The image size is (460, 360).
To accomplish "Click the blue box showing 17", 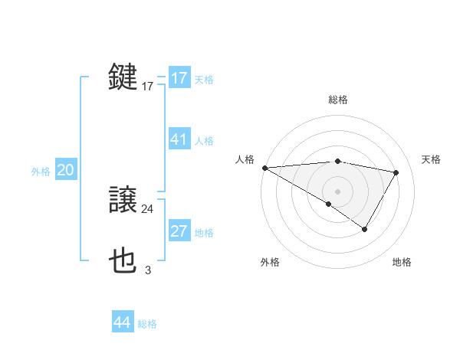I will tap(179, 78).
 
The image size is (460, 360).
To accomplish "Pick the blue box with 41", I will tap(179, 139).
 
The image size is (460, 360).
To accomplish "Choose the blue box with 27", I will tap(179, 232).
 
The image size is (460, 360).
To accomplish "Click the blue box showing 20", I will tap(65, 170).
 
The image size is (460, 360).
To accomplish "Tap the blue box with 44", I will tap(122, 322).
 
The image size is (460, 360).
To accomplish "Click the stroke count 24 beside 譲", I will tap(147, 208).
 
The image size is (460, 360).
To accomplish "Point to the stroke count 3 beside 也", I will tap(147, 270).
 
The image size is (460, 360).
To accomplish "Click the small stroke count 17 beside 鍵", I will tap(147, 87).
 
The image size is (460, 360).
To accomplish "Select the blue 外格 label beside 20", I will tap(41, 172).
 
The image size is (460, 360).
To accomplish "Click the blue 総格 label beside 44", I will tap(147, 324).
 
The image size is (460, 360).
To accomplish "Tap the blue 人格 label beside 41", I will tap(204, 141).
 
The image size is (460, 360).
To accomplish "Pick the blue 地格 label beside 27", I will tap(204, 233).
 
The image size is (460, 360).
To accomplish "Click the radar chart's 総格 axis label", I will tap(338, 100).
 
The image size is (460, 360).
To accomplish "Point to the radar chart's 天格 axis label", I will tap(432, 159).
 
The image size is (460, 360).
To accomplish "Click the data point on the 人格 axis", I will tap(264, 167).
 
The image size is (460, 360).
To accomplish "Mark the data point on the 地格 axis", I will tap(365, 229).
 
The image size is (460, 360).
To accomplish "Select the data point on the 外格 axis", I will tap(329, 204).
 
